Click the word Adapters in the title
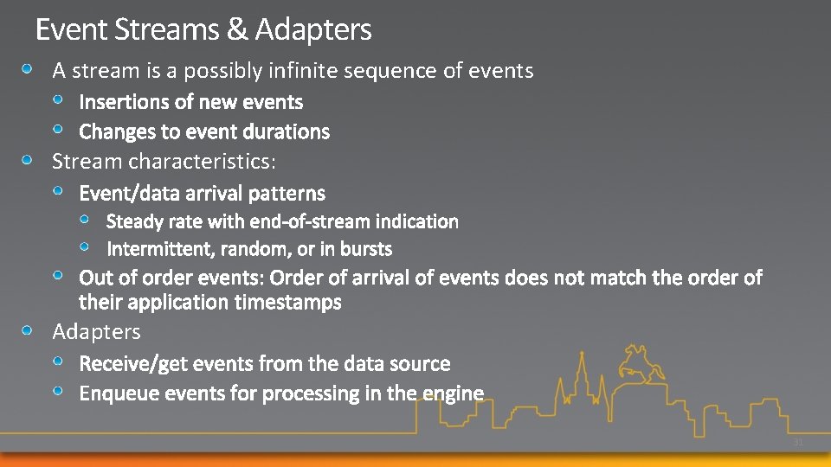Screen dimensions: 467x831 pos(313,31)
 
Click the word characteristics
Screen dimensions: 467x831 pos(203,161)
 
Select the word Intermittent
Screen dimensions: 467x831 pos(160,249)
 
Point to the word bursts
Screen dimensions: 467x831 pos(367,249)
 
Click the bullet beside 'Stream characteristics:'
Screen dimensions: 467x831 pos(29,161)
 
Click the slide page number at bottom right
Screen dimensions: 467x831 pos(798,443)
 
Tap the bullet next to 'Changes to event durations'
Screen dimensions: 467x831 pos(56,130)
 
